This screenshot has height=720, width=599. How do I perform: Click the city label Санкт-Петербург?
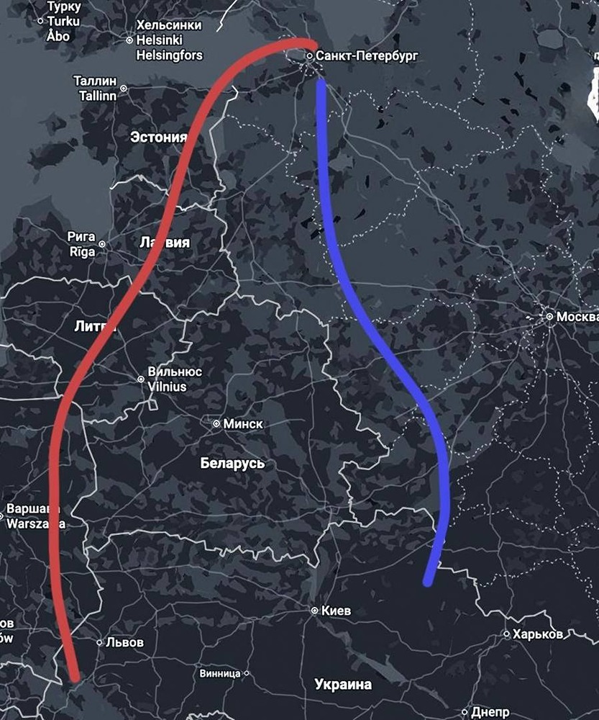(x=367, y=55)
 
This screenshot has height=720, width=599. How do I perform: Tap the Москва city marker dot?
(x=549, y=316)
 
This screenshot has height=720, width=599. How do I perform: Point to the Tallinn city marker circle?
(x=123, y=89)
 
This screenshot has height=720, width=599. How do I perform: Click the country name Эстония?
(x=158, y=137)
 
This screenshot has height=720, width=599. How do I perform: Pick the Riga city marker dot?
(x=101, y=244)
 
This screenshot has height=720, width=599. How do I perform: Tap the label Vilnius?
(x=167, y=387)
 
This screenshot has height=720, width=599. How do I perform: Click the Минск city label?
(x=243, y=424)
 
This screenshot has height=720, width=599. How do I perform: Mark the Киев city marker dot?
(x=314, y=611)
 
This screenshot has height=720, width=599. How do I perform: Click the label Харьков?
(x=537, y=634)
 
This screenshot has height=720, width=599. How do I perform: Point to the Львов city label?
(x=124, y=642)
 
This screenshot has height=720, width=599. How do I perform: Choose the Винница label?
(x=220, y=674)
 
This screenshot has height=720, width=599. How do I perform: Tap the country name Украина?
(x=343, y=685)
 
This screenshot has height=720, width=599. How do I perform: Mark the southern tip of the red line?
(x=75, y=677)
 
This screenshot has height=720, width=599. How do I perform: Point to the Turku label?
(x=63, y=21)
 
